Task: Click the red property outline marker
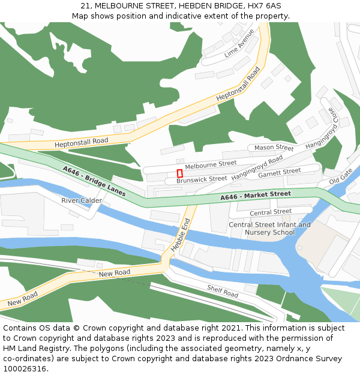pos(179,173)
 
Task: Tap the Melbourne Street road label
pos(211,164)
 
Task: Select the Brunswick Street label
pos(202,179)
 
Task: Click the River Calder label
pos(82,200)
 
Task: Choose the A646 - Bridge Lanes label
pos(94,181)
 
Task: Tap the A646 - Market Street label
pos(255,196)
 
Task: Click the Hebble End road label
pos(180,235)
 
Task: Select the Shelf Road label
pos(222,292)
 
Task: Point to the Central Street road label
pos(270,212)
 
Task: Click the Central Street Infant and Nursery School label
pos(269,229)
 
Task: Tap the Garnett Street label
pos(279,173)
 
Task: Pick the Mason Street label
pos(274,148)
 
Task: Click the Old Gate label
pos(341,177)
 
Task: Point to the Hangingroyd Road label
pos(257,167)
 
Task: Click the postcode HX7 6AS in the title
pos(265,6)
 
